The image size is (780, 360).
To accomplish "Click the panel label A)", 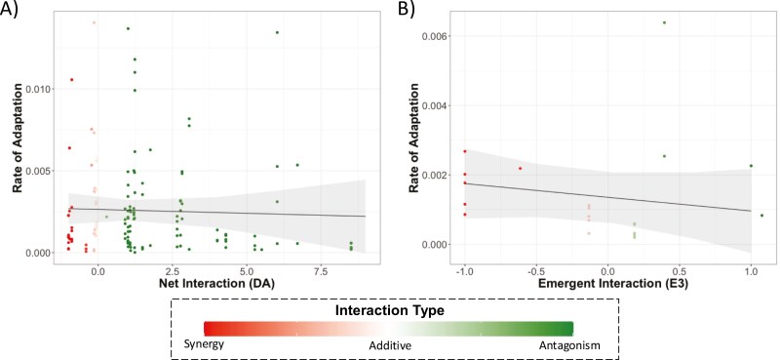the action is point(9,9).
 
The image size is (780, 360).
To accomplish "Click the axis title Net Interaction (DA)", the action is point(216,284).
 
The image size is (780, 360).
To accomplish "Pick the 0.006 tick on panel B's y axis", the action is point(434,36).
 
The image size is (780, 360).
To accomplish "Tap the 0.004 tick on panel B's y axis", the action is point(434,105).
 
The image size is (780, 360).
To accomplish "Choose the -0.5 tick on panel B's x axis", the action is point(534,272).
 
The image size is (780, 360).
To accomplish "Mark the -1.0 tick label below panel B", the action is point(464,272).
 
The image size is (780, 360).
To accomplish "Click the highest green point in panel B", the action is point(664,22).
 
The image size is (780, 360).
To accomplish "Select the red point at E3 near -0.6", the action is point(520,169).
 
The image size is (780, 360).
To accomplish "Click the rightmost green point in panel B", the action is point(761,215).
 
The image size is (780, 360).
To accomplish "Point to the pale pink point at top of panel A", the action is point(94,22).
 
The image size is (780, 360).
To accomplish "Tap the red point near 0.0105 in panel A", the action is point(71,80).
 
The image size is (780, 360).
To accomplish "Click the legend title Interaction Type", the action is point(389,311).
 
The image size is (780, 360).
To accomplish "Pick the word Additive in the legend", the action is point(389,344).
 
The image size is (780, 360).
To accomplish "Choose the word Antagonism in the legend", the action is point(569,345).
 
